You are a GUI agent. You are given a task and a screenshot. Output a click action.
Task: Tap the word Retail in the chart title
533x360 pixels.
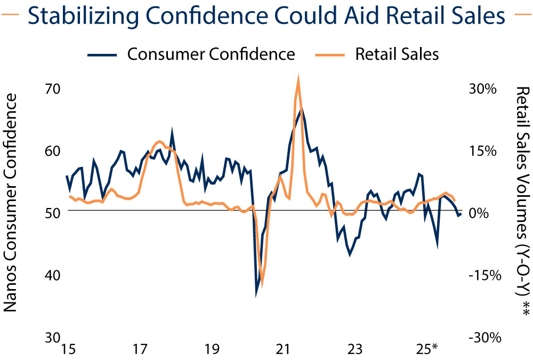tap(405, 16)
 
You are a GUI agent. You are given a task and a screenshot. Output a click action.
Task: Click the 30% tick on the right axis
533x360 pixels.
tap(483, 89)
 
